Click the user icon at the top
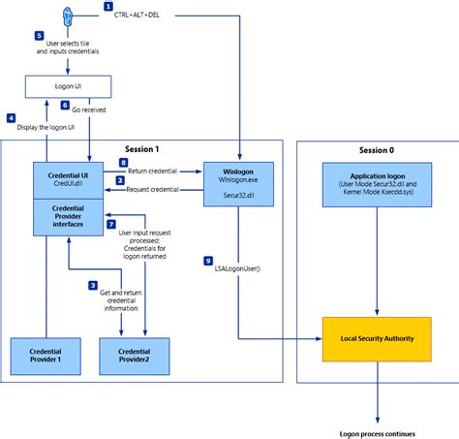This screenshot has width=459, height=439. (67, 16)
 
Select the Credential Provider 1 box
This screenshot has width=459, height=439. (46, 356)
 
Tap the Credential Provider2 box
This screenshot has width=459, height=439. (135, 356)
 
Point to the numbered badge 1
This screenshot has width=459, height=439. (121, 7)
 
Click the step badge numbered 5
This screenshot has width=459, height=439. (39, 36)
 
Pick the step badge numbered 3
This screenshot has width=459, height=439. (92, 287)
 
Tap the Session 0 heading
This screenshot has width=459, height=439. (373, 149)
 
